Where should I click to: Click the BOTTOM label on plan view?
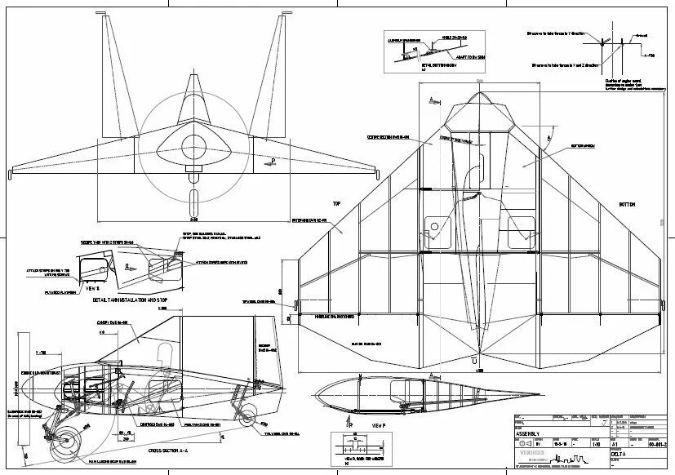[x=626, y=204]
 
